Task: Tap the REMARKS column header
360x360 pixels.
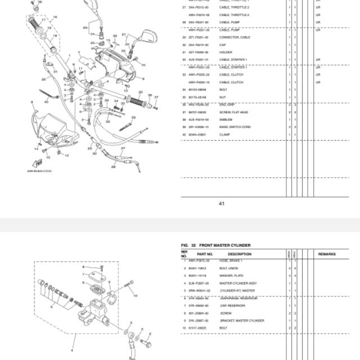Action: coord(327,255)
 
